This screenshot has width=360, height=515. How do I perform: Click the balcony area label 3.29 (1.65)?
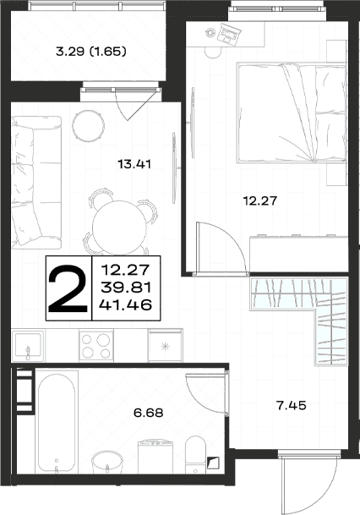tap(91, 52)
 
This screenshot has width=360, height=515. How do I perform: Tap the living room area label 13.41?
tap(134, 164)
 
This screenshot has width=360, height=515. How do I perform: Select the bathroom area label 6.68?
tap(149, 413)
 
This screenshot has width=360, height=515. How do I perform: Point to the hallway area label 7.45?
tap(292, 406)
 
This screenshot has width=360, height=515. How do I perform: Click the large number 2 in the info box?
tap(68, 288)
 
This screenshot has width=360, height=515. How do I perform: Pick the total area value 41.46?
tap(126, 305)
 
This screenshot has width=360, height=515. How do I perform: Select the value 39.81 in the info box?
tap(126, 288)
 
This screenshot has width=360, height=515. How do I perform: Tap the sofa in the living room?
tap(36, 183)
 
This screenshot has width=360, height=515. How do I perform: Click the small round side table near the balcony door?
tap(89, 126)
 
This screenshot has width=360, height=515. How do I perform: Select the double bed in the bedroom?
tap(292, 112)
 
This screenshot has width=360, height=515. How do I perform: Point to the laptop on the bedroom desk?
tap(230, 33)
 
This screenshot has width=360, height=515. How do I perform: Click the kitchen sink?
tap(28, 346)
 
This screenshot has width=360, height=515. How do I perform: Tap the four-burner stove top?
tap(96, 346)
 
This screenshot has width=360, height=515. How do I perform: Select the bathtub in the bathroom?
tap(57, 424)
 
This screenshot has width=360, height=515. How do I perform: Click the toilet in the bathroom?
tap(195, 455)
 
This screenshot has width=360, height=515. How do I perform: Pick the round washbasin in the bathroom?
tap(107, 463)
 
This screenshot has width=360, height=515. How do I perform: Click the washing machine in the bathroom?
tap(155, 457)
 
